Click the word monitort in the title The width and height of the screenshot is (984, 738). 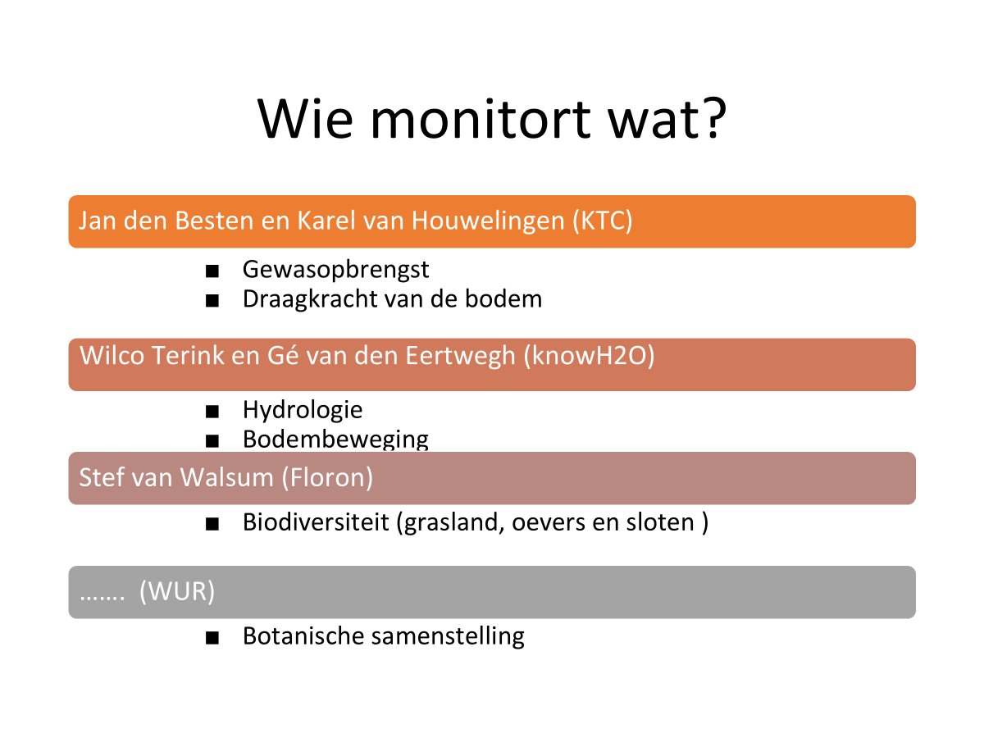pyautogui.click(x=481, y=120)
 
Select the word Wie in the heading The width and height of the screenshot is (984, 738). pyautogui.click(x=306, y=119)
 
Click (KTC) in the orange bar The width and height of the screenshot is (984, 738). pyautogui.click(x=602, y=221)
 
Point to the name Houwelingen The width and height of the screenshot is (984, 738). pyautogui.click(x=488, y=221)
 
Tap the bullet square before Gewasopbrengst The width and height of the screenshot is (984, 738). pyautogui.click(x=212, y=271)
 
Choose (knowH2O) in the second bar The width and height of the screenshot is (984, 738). pyautogui.click(x=589, y=356)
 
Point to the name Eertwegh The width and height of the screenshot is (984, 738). pyautogui.click(x=460, y=356)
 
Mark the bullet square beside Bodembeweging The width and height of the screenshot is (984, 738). pyautogui.click(x=212, y=441)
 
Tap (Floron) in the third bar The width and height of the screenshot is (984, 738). pyautogui.click(x=327, y=477)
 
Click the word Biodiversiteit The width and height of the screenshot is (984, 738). pyautogui.click(x=316, y=522)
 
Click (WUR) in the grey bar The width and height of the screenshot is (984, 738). pyautogui.click(x=177, y=591)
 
